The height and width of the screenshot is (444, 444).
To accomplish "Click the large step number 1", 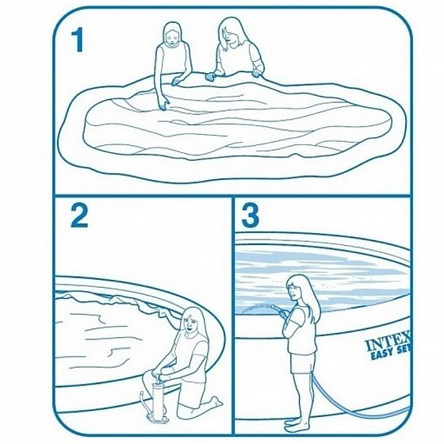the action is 78,40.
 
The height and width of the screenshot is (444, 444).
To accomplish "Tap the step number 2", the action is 79,216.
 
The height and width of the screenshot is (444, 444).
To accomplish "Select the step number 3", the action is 250,216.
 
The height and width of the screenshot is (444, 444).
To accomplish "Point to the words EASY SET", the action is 391,353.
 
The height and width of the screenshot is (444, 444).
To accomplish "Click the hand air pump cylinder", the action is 159,399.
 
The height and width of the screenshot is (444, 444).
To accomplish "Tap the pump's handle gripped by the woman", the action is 158,374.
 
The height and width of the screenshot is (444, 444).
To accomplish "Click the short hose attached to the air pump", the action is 145,404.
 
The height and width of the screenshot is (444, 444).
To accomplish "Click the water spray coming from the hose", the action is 257,308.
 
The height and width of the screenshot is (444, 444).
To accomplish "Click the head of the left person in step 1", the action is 172,33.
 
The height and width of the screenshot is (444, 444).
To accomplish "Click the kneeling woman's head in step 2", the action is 192,321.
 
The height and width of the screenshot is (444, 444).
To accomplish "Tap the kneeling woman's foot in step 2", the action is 217,400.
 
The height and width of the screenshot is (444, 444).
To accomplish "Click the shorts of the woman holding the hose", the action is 303,363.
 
